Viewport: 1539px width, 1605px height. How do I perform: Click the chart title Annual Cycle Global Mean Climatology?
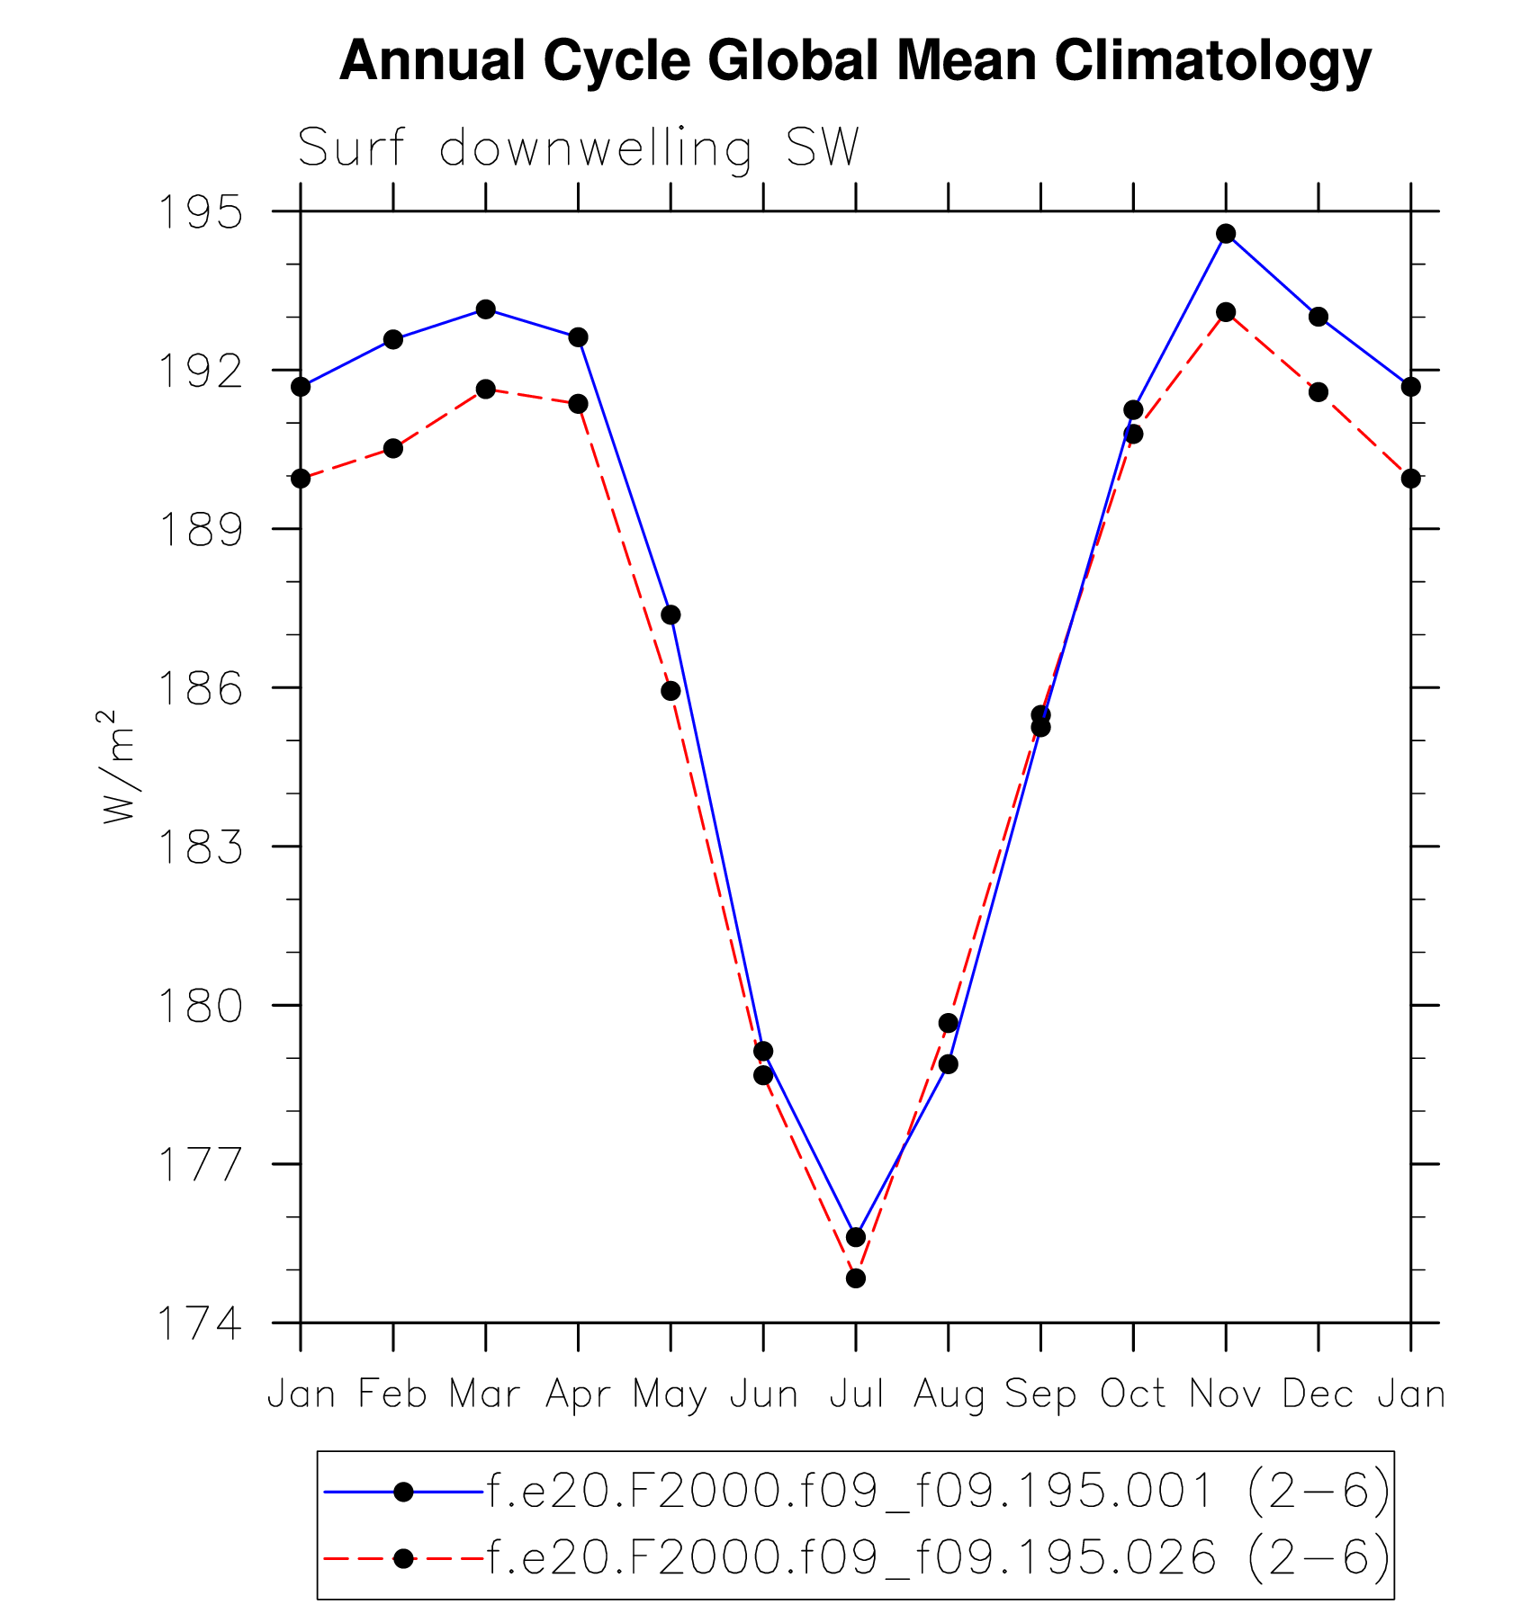coord(855,61)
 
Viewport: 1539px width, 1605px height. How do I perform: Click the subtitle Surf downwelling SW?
coord(579,148)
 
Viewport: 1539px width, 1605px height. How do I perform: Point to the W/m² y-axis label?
coord(118,767)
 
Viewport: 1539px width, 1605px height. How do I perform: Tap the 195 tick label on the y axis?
coord(200,213)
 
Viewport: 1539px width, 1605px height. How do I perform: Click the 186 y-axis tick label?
coord(200,689)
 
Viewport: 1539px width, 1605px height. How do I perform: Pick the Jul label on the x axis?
coord(856,1394)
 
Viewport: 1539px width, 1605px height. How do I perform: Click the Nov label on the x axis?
coord(1226,1394)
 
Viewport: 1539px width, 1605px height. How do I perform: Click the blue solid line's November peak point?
coord(1226,234)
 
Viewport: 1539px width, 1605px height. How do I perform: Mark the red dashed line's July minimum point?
coord(856,1278)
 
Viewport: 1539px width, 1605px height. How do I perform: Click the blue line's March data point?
coord(486,309)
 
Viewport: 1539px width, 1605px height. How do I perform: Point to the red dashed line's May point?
coord(670,691)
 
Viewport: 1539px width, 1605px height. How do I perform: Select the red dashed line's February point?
coord(393,448)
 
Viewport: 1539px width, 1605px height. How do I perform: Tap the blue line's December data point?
coord(1318,317)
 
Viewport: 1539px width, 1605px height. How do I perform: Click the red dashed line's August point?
coord(948,1023)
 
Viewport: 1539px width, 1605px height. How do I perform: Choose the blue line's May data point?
coord(670,615)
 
